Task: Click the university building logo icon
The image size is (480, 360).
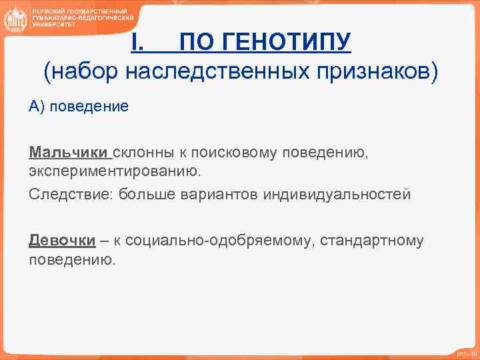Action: (x=14, y=18)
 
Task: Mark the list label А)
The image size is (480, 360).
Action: (x=37, y=107)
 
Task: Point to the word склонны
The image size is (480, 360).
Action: (x=141, y=153)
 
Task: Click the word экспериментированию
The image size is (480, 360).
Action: (x=114, y=172)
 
